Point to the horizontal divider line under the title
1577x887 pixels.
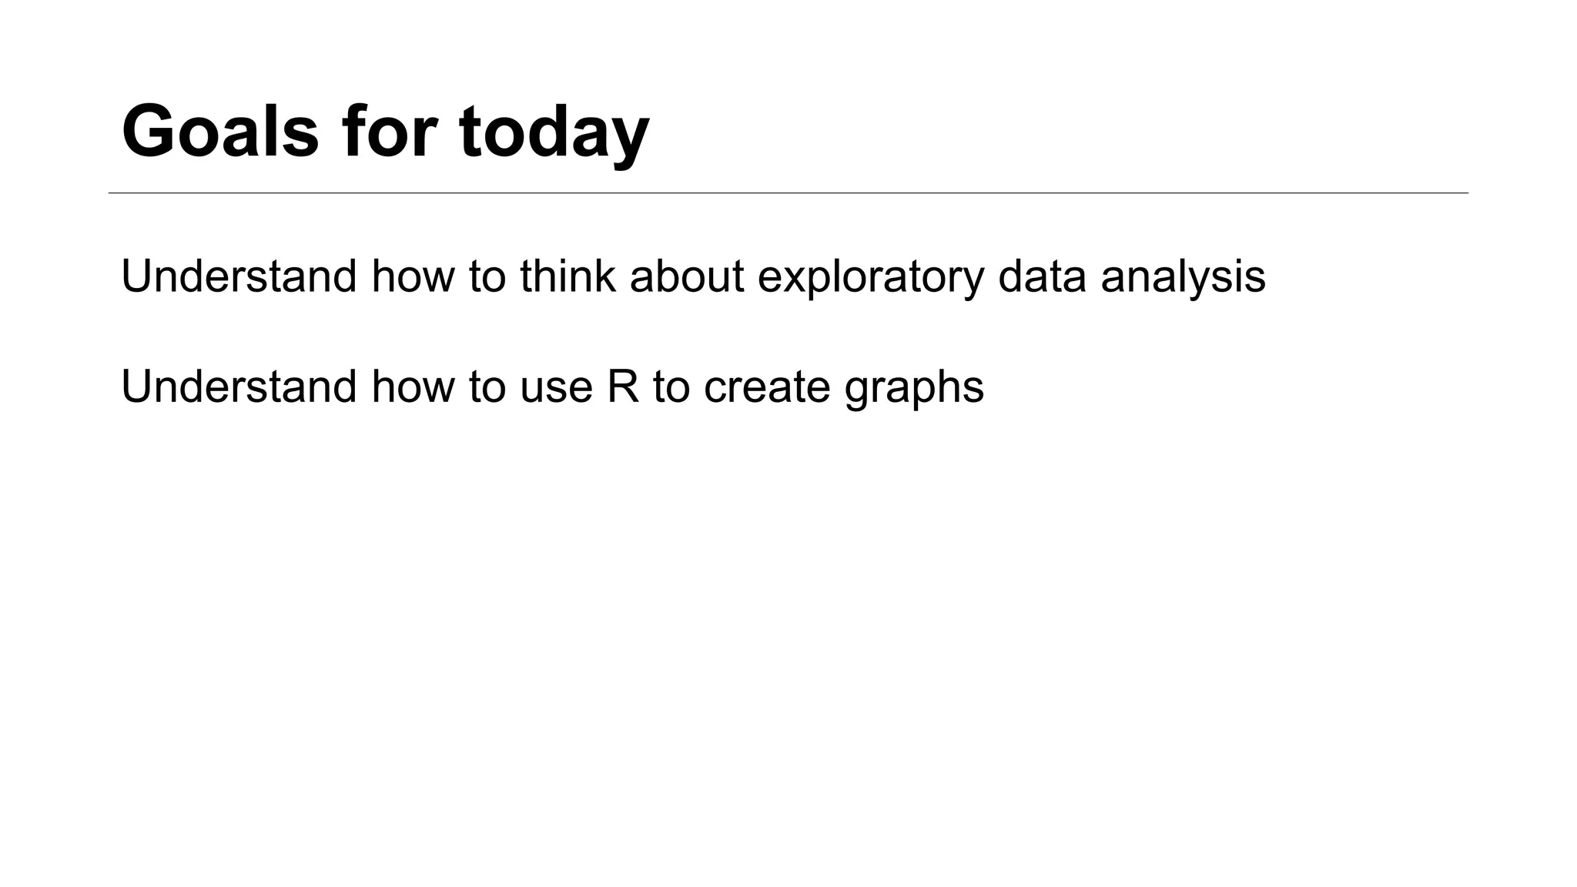click(x=788, y=192)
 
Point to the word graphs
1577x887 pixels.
click(x=914, y=389)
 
